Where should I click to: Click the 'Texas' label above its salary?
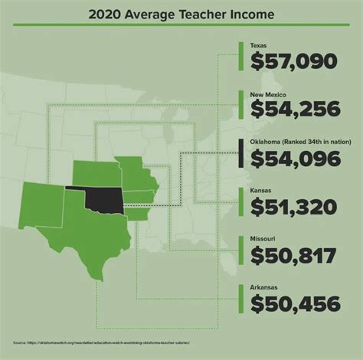[258, 45]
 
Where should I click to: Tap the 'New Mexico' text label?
[267, 93]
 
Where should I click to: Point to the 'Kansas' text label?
[260, 191]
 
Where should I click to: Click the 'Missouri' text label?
[262, 239]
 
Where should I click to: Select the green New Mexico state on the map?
[43, 203]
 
